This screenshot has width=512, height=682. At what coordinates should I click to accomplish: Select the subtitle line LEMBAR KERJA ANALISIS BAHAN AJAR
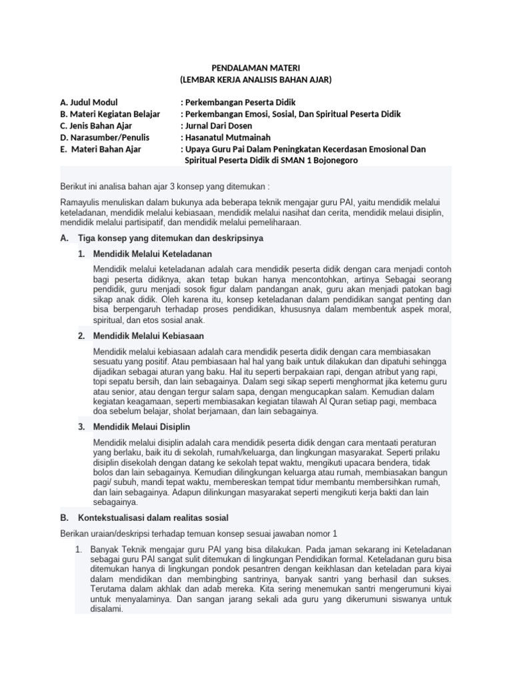coord(256,79)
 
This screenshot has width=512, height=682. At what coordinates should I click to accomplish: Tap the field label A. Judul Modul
coord(88,103)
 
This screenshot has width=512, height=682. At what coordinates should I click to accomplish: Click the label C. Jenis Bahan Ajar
coord(96,126)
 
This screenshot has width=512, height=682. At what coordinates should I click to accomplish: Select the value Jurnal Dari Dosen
coord(224,126)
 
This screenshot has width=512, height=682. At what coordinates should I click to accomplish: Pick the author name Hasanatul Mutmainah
coord(231,137)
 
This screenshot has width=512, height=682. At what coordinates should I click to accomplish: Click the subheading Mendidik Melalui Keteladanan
coord(153,254)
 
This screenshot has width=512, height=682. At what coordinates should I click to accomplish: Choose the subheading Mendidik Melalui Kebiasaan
coord(149,335)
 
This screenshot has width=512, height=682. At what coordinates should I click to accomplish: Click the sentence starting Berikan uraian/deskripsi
coord(199,533)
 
